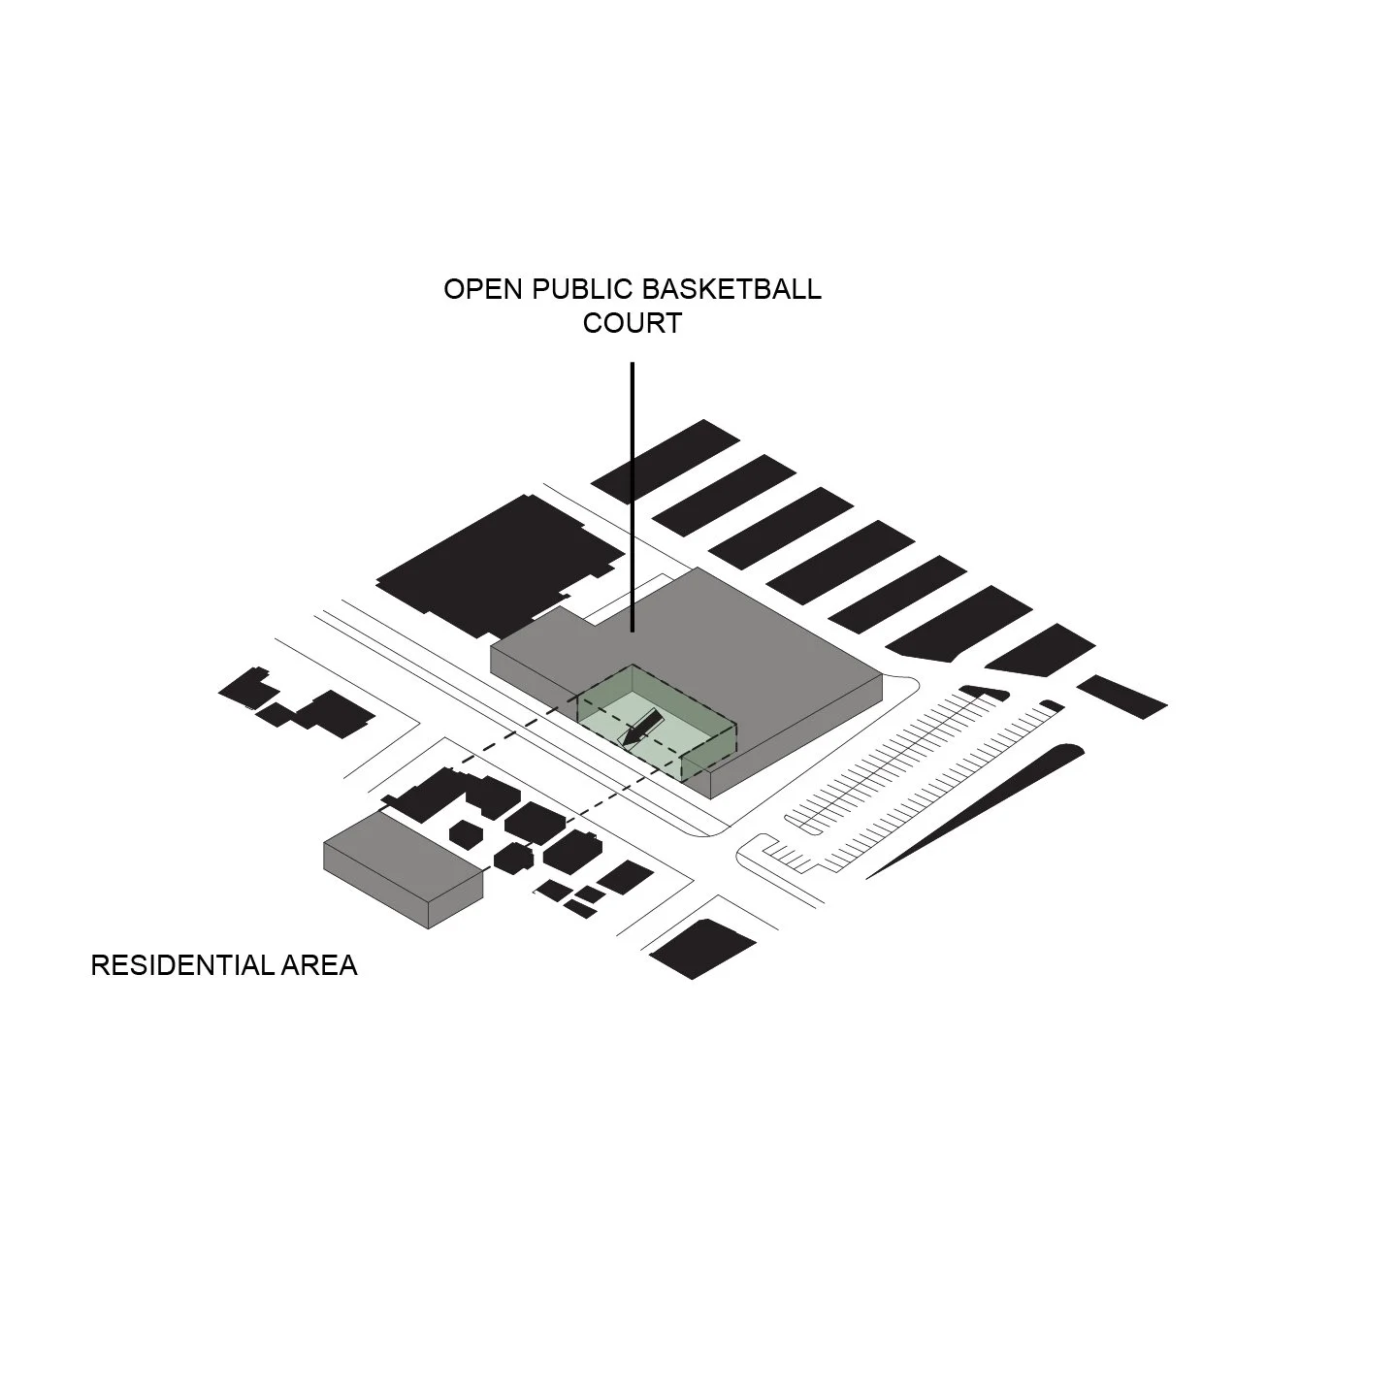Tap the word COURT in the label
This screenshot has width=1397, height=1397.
tap(632, 323)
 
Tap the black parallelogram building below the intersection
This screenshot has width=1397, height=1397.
tap(702, 948)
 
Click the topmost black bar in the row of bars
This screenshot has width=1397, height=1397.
tap(666, 461)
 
